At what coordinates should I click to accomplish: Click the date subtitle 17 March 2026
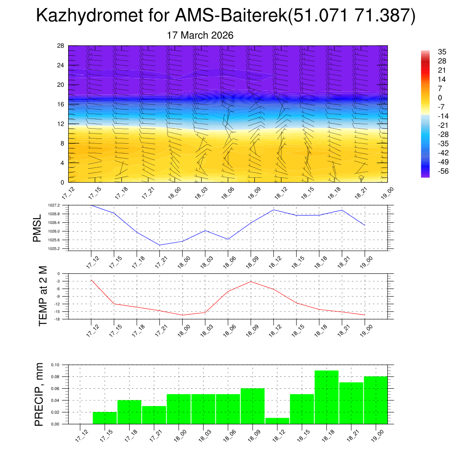(200, 35)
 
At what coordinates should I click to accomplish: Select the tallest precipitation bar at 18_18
(326, 397)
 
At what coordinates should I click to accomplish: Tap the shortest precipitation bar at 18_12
(277, 421)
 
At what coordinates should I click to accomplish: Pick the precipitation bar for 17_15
(105, 418)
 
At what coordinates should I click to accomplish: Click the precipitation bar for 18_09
(252, 406)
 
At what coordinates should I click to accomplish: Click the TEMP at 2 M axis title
(43, 296)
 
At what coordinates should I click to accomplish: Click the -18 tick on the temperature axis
(57, 319)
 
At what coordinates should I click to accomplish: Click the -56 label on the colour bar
(442, 171)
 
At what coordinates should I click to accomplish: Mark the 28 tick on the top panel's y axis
(61, 46)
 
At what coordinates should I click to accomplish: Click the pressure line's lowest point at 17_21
(159, 245)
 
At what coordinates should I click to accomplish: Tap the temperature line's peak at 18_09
(251, 281)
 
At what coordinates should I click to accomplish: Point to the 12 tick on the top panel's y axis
(61, 124)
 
